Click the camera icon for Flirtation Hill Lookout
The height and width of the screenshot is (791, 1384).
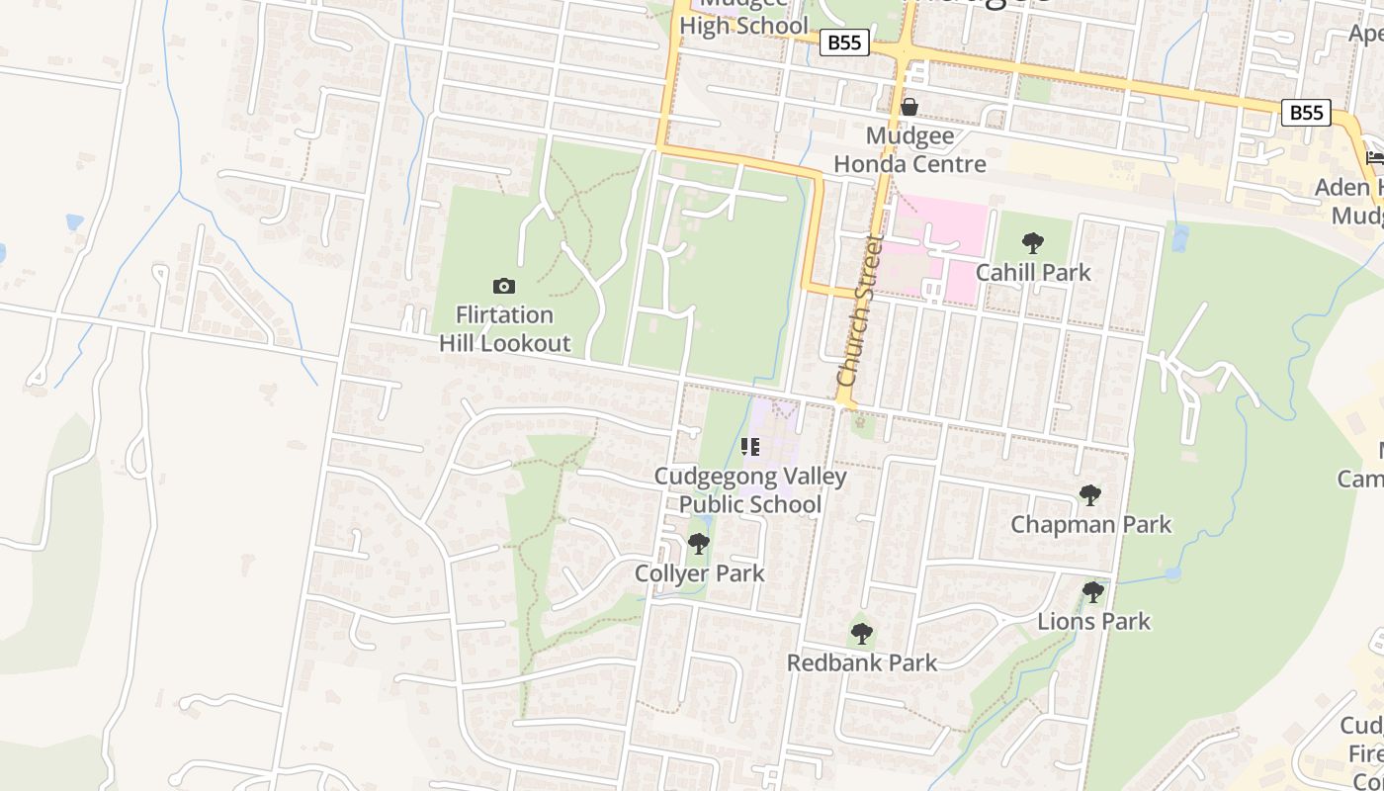point(504,286)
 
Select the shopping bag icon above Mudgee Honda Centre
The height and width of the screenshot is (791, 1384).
point(909,107)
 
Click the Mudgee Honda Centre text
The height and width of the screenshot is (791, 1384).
point(909,149)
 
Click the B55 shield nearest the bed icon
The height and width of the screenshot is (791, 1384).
point(1306,113)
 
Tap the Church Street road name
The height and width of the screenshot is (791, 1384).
point(858,310)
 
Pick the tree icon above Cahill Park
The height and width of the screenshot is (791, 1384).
point(1033,242)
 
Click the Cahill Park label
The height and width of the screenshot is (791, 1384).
point(1033,272)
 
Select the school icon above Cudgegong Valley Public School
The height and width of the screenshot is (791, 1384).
point(750,447)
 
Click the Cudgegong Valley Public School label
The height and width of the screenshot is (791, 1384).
point(750,490)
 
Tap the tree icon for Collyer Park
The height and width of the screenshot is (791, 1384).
point(699,544)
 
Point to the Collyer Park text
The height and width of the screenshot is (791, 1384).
point(699,573)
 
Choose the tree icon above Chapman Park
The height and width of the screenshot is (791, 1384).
point(1090,494)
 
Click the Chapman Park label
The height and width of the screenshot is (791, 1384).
point(1090,524)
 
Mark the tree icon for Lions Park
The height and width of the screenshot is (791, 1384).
point(1093,592)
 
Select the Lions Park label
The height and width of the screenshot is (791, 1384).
point(1093,621)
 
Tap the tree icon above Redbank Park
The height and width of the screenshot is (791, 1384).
point(862,633)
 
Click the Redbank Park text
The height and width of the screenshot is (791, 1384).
point(862,662)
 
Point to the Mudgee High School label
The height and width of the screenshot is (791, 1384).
point(743,20)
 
